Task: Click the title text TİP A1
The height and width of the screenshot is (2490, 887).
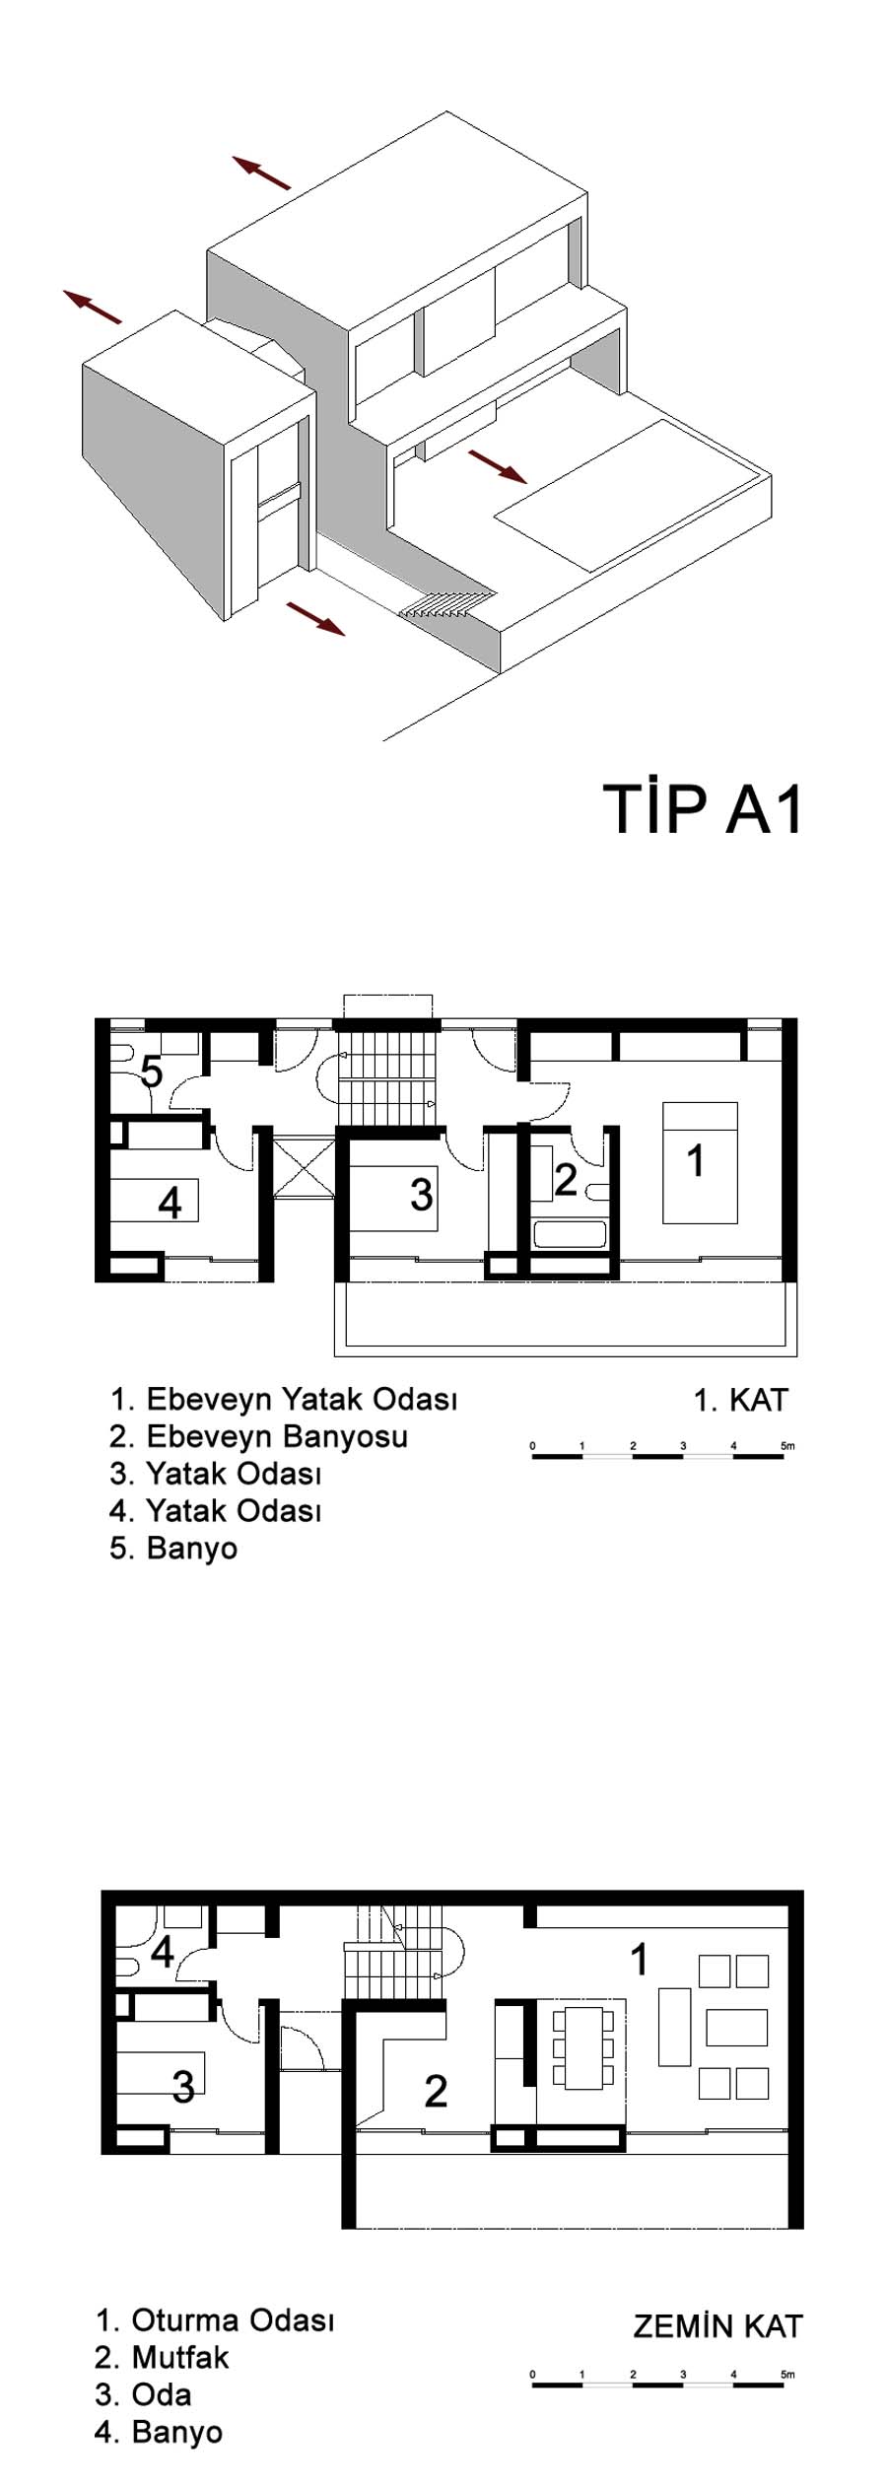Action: [x=704, y=810]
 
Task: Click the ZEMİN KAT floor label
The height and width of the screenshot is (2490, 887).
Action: [x=717, y=2326]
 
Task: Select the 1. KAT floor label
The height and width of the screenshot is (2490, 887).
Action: [x=741, y=1399]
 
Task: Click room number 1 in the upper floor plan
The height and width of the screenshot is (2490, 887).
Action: [x=696, y=1161]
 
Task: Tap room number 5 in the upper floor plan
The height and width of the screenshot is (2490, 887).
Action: [x=151, y=1071]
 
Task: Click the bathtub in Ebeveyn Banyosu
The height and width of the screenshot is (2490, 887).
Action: [x=569, y=1234]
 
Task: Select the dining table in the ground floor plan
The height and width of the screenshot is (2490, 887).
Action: [x=582, y=2047]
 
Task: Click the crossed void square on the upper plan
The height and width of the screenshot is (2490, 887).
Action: [x=304, y=1169]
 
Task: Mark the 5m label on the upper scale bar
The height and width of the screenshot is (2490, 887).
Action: [x=786, y=1446]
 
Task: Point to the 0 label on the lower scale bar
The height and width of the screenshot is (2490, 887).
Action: [x=532, y=2374]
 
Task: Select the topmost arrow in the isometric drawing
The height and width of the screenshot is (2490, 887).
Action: [x=262, y=172]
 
